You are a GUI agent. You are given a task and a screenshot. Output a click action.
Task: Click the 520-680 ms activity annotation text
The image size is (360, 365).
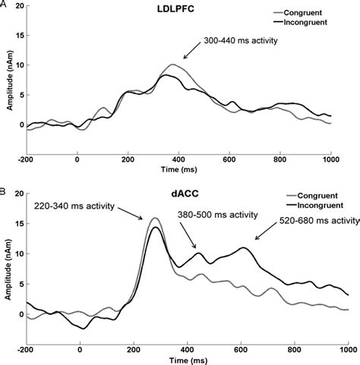[314, 221]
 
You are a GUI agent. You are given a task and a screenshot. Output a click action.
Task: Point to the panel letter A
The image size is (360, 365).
[4, 5]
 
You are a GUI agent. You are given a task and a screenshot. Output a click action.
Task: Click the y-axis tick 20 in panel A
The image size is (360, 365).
[17, 6]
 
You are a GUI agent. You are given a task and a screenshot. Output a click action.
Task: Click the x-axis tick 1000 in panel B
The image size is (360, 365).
[344, 351]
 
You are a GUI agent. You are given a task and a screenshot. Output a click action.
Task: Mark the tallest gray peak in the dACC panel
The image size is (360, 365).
[155, 219]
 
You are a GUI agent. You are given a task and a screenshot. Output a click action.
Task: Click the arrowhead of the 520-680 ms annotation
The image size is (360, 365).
[254, 241]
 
